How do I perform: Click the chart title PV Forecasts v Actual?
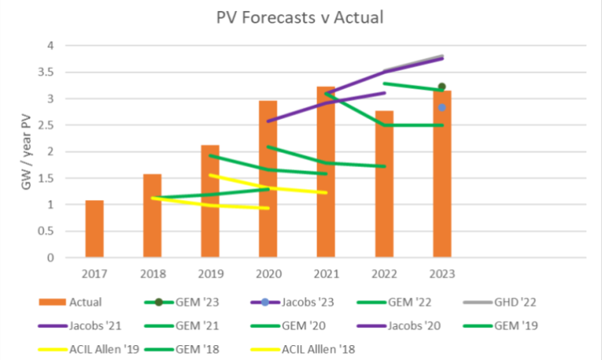300,18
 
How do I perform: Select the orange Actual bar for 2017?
94,228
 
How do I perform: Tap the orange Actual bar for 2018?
152,216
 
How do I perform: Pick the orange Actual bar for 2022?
384,184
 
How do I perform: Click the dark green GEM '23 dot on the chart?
442,86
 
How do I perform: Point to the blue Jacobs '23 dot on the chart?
442,107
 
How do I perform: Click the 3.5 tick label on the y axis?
45,72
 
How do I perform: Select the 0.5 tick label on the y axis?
45,231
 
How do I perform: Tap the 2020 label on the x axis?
269,274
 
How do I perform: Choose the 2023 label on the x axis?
442,274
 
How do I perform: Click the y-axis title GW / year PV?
26,151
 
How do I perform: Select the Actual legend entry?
71,302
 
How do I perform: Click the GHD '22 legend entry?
499,302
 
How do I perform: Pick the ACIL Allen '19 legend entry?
89,349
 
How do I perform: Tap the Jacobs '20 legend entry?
398,325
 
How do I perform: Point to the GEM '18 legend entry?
182,349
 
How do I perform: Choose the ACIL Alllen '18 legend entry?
303,349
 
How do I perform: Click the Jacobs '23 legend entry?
292,302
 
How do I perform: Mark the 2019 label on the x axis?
211,274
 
